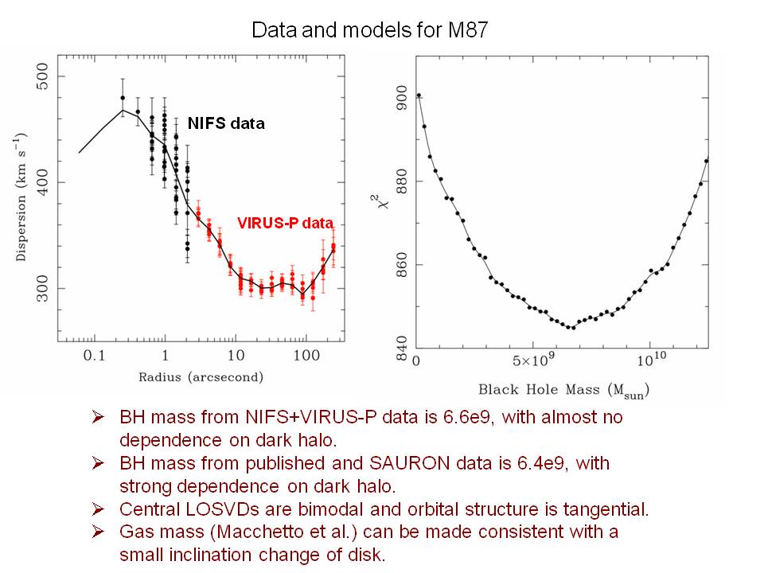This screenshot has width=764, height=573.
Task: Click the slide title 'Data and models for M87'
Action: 382,31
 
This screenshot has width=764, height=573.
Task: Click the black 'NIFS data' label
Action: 225,123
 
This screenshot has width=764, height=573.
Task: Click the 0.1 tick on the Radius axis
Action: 94,357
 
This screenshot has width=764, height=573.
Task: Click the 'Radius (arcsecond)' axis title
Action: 200,376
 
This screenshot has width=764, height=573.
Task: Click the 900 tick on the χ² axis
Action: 400,99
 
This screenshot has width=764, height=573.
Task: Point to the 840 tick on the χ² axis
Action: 400,347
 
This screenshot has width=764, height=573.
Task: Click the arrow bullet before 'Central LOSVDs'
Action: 99,509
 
